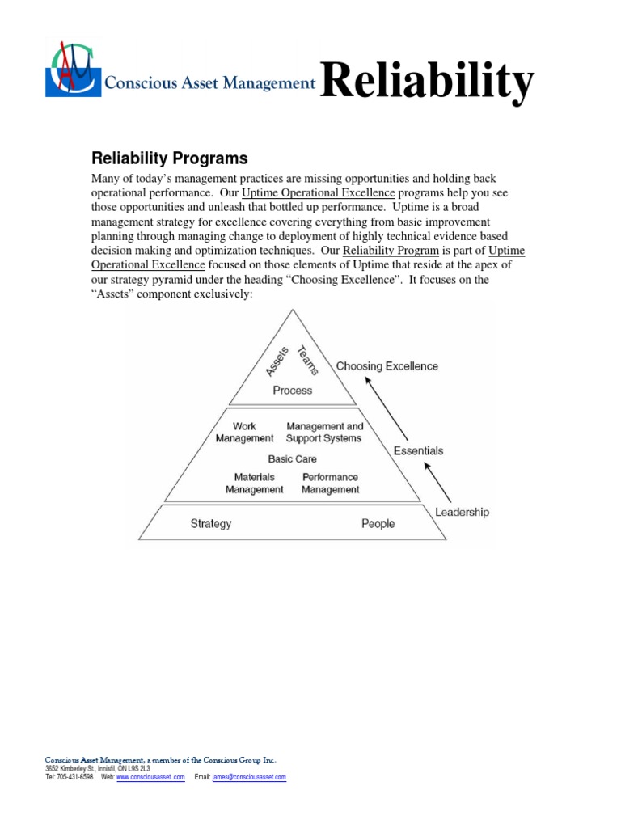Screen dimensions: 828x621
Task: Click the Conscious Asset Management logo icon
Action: [x=74, y=70]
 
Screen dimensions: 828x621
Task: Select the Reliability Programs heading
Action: [x=170, y=157]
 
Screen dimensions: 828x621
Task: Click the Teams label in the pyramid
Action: [x=309, y=359]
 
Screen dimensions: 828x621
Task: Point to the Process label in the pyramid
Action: [x=292, y=390]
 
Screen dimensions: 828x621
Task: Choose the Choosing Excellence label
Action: [x=387, y=366]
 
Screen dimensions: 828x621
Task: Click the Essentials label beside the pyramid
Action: [x=418, y=450]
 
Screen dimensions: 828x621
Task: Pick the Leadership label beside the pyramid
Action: [x=462, y=512]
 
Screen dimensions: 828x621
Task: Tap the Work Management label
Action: [x=244, y=432]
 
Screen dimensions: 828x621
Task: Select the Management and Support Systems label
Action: [x=324, y=432]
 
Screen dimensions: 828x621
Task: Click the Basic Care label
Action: [x=293, y=458]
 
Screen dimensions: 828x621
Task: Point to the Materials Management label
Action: [x=255, y=483]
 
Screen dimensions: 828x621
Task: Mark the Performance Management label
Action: [x=331, y=483]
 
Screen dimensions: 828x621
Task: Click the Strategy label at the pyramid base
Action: [x=211, y=523]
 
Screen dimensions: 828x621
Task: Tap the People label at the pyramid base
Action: [x=378, y=523]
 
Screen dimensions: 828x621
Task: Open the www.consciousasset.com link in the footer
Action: [x=150, y=777]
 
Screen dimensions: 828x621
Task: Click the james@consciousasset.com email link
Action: [x=249, y=777]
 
